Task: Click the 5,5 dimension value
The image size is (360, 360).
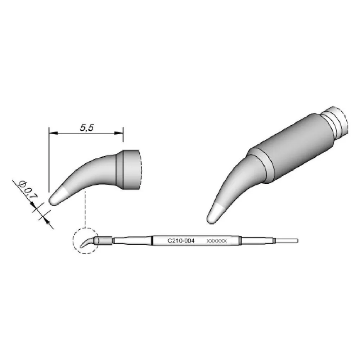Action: (87, 127)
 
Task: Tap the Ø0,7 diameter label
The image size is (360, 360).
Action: (28, 189)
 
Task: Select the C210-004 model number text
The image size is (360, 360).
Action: (181, 241)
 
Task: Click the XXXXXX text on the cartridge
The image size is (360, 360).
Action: (216, 241)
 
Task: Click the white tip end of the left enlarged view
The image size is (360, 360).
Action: (57, 197)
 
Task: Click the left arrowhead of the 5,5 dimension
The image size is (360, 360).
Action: (53, 133)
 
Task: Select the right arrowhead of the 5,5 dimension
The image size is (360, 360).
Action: (119, 133)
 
